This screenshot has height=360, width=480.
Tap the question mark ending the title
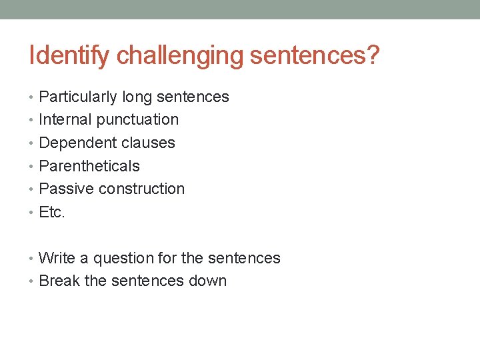(372, 56)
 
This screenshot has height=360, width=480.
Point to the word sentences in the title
(307, 56)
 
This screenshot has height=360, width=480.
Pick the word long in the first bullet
(137, 97)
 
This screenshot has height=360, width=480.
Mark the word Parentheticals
(89, 166)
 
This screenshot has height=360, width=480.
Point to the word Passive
(67, 189)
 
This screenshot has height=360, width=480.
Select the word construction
(141, 189)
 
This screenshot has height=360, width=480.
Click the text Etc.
(51, 212)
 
